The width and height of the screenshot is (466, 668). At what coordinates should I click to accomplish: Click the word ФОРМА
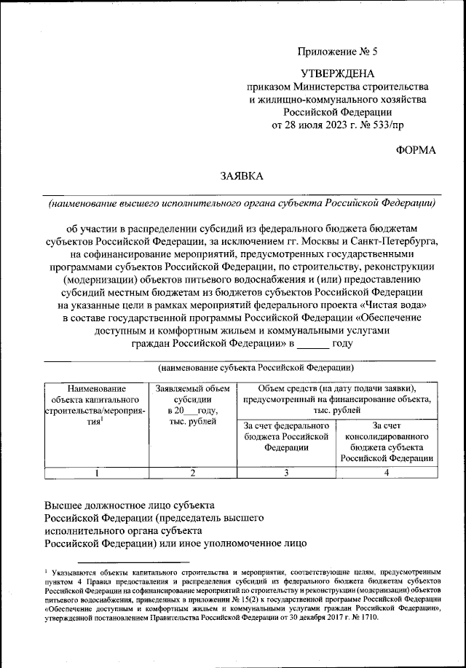pos(415,149)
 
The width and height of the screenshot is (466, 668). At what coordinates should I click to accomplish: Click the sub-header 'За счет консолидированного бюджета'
pos(386,441)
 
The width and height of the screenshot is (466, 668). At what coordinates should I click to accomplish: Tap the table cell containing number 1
pos(95,473)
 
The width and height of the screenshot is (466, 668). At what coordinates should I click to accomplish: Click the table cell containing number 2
pos(193,473)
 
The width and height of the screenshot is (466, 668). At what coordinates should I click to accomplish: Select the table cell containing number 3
pos(286,473)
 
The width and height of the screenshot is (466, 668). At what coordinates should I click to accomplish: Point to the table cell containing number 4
pos(386,473)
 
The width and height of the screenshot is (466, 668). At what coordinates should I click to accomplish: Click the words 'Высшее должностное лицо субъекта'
pos(129,504)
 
